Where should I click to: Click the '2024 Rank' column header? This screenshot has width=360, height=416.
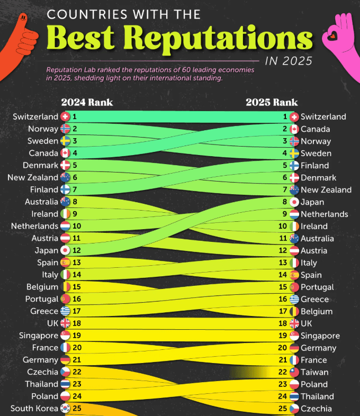[87, 102]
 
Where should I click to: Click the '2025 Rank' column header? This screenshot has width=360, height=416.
[272, 102]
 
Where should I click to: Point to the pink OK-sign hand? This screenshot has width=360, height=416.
[341, 40]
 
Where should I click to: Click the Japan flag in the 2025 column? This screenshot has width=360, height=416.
[294, 202]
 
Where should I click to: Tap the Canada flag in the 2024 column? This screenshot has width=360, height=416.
[66, 153]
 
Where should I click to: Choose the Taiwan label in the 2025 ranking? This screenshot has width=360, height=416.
[314, 372]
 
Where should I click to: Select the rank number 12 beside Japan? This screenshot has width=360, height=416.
[77, 250]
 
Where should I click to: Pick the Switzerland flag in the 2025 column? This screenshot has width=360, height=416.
[294, 116]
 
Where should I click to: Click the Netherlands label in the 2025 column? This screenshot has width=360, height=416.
[324, 214]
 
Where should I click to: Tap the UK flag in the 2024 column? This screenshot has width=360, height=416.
[66, 323]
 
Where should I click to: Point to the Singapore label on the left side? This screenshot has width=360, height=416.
[38, 336]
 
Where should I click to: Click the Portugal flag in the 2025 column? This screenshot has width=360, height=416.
[294, 287]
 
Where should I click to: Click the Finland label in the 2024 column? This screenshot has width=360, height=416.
[44, 189]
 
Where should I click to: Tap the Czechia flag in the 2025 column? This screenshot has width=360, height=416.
[294, 408]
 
